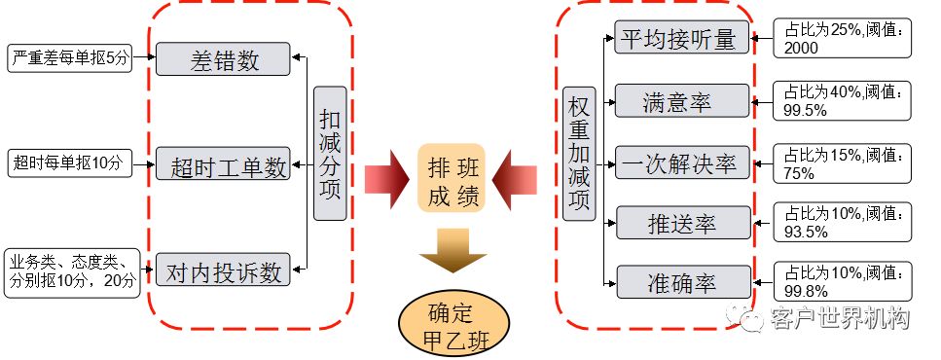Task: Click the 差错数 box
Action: pyautogui.click(x=223, y=59)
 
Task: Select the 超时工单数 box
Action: pyautogui.click(x=223, y=166)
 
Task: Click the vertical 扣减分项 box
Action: pyautogui.click(x=330, y=153)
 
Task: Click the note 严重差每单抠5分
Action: pyautogui.click(x=67, y=58)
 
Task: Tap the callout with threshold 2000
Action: pyautogui.click(x=843, y=38)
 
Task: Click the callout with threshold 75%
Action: pyautogui.click(x=843, y=162)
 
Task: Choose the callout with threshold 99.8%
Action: pyautogui.click(x=843, y=281)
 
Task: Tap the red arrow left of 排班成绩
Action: pyautogui.click(x=387, y=178)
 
